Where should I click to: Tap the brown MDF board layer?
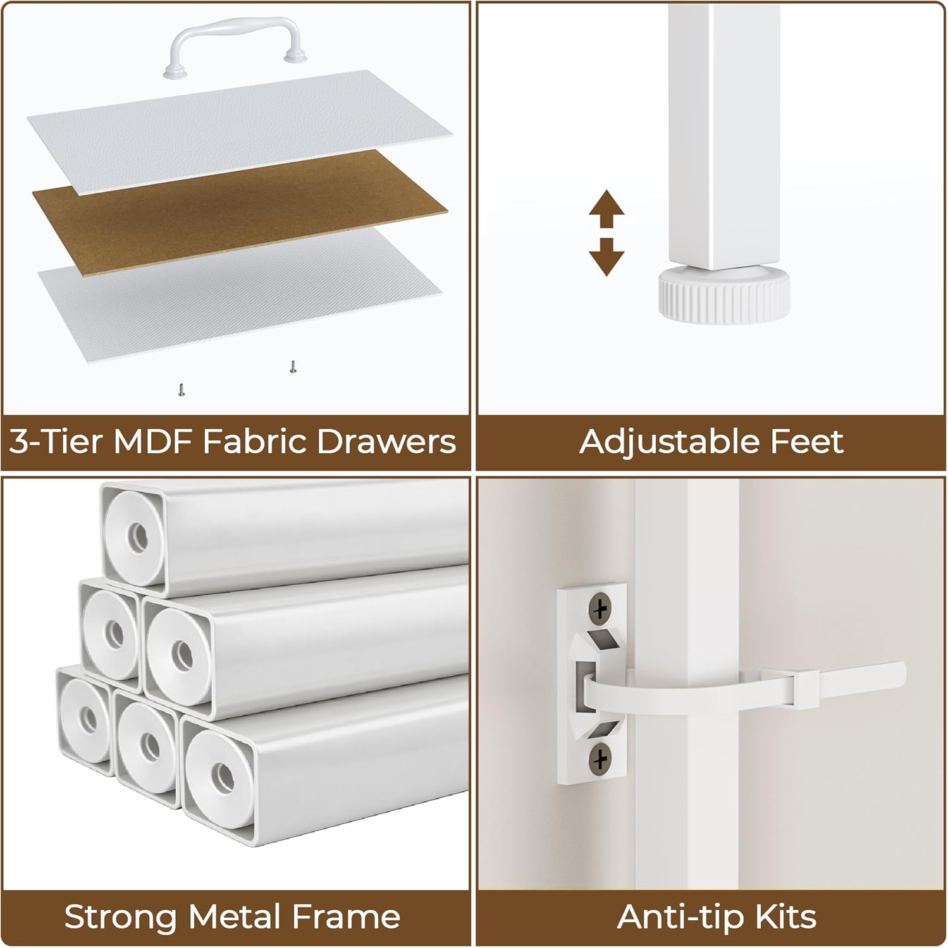point(240,190)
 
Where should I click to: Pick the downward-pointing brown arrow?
point(606,257)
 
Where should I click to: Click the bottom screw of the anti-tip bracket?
point(600,756)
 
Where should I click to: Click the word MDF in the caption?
point(152,442)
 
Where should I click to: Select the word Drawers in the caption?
point(386,442)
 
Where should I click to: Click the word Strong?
point(120,917)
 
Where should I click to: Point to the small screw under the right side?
point(292,367)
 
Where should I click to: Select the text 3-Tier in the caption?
point(56,442)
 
